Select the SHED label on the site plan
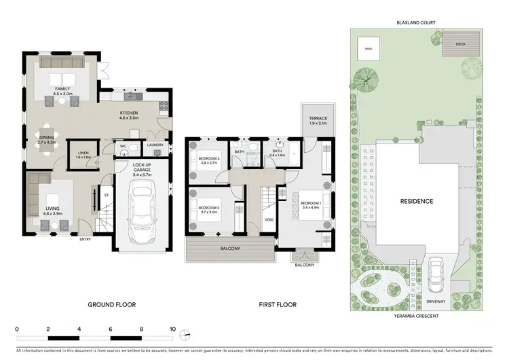click(369, 49)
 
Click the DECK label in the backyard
click(461, 44)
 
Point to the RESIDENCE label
click(416, 201)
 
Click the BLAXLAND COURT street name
click(416, 22)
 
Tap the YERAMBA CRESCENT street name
click(416, 316)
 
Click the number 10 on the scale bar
click(173, 328)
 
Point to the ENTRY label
click(86, 239)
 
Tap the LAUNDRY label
click(154, 145)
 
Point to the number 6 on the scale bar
click(110, 328)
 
